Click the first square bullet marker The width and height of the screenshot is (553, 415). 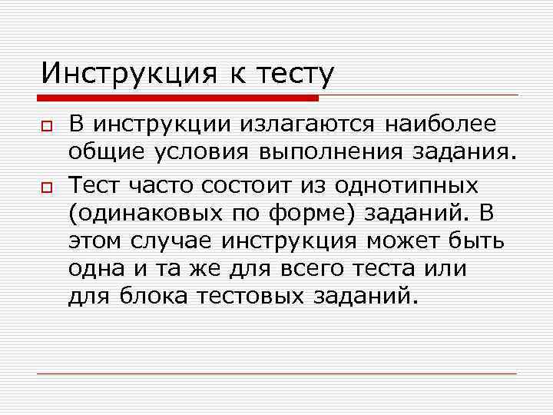(46, 124)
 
